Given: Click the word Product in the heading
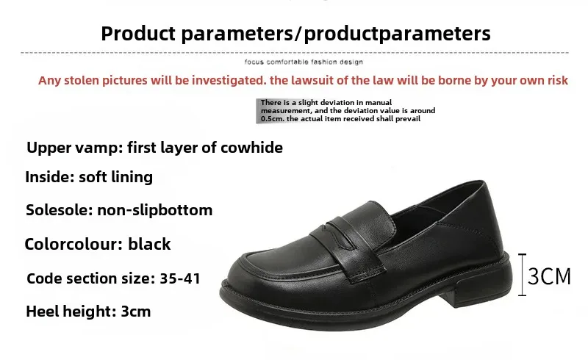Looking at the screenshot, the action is (138, 34).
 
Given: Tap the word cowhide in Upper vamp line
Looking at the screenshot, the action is (251, 148).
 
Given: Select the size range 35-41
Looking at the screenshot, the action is (180, 278).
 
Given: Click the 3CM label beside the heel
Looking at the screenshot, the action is (549, 276).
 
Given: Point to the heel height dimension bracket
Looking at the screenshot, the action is (522, 275).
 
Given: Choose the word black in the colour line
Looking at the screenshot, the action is (149, 244).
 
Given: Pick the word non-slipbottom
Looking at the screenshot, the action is (155, 210).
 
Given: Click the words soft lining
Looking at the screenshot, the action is (115, 177).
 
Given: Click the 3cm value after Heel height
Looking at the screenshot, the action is (136, 312).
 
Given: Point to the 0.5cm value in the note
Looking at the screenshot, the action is (273, 119).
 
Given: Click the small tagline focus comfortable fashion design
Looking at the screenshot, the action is (304, 62).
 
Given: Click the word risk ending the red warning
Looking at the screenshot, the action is (557, 80).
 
